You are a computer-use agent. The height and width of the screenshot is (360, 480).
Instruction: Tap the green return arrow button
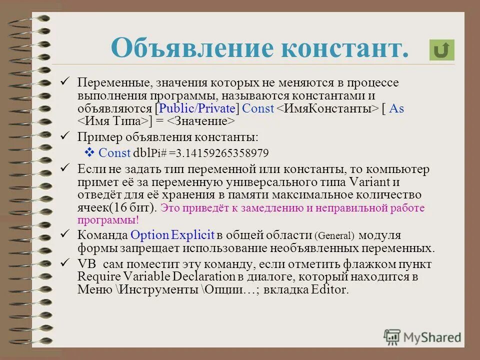pos(441,50)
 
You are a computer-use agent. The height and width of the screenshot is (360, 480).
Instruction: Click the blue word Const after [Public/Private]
pos(257,108)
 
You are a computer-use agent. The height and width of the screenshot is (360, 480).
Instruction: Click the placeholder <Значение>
pos(201,121)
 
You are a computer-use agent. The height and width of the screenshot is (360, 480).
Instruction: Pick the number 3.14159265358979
pos(226,153)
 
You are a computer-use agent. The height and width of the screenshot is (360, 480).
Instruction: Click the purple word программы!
pos(107,219)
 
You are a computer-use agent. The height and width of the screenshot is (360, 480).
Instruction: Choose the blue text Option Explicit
pos(172,235)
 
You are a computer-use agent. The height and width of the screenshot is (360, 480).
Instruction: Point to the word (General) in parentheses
pos(334,235)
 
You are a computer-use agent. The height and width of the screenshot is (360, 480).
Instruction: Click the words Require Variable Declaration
pos(154,276)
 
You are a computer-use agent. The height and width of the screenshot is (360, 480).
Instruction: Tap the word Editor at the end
pos(329,289)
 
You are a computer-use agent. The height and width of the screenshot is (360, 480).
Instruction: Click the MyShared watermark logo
pos(422,336)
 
